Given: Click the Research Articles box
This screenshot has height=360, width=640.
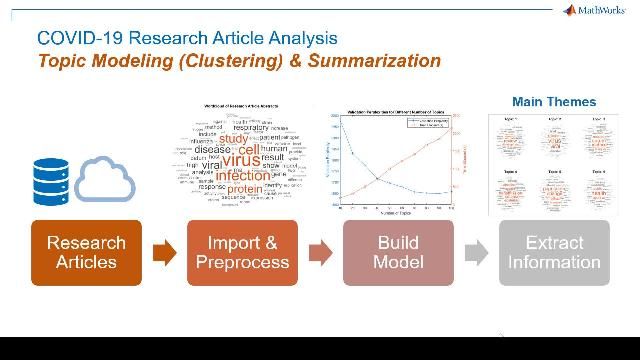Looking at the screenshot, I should (87, 253).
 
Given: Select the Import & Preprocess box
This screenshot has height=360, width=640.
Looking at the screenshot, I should (242, 253).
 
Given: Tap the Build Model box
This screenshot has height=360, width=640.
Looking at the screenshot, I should (398, 253).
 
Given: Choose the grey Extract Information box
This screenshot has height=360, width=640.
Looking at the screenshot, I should (554, 253).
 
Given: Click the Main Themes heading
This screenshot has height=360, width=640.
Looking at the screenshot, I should (553, 102).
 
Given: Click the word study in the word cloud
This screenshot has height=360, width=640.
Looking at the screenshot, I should (232, 140).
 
